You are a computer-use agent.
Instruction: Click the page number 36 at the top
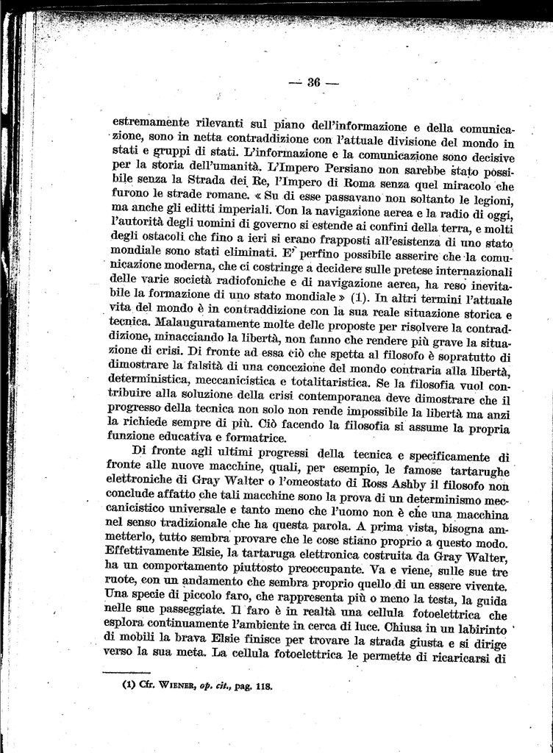[x=313, y=82]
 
